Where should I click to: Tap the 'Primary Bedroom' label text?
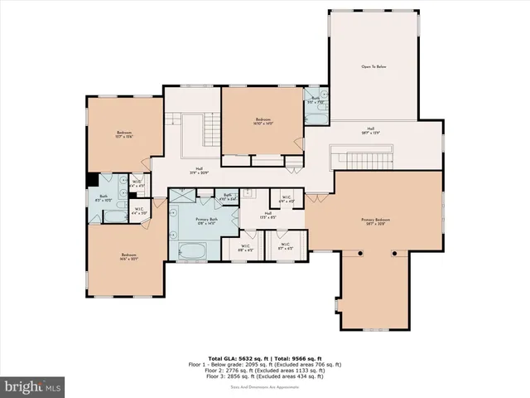pyautogui.click(x=375, y=221)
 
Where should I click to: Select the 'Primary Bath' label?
pyautogui.click(x=205, y=221)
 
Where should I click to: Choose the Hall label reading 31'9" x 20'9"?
pyautogui.click(x=200, y=171)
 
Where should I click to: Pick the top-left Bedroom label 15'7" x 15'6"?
pyautogui.click(x=123, y=134)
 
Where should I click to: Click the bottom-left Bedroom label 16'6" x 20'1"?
pyautogui.click(x=128, y=256)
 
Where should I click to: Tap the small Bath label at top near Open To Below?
pyautogui.click(x=316, y=99)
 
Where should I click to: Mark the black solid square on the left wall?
pyautogui.click(x=91, y=182)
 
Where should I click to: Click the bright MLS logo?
pyautogui.click(x=33, y=386)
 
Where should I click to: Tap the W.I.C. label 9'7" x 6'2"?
pyautogui.click(x=284, y=245)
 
